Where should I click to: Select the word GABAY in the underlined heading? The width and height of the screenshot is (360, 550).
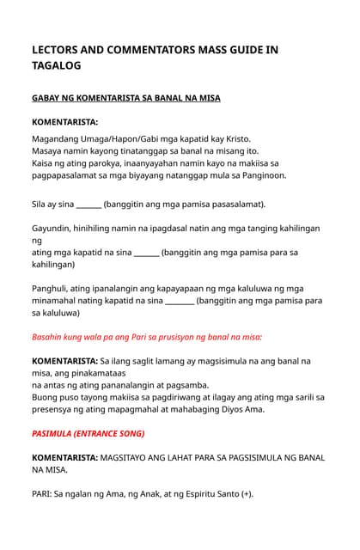click(x=48, y=98)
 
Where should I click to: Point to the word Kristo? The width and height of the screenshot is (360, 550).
click(x=255, y=137)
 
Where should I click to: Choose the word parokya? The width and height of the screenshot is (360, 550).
click(x=111, y=162)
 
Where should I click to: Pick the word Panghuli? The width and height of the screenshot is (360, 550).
click(x=54, y=288)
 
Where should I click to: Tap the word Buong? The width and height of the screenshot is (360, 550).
click(x=48, y=397)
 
